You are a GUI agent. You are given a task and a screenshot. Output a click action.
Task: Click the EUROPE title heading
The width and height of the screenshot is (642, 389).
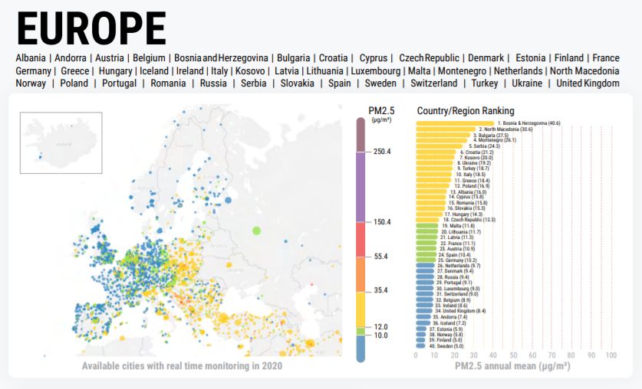click(91, 28)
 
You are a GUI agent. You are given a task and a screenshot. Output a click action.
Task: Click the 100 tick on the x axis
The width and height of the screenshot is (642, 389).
click(611, 355)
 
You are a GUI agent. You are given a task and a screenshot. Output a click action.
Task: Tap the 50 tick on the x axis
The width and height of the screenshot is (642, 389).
click(513, 355)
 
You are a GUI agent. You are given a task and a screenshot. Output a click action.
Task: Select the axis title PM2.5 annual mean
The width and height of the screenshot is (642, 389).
click(512, 367)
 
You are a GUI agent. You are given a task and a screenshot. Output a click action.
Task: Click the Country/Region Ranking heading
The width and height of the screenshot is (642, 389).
click(466, 111)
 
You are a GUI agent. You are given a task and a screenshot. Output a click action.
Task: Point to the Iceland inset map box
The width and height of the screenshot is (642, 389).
click(61, 137)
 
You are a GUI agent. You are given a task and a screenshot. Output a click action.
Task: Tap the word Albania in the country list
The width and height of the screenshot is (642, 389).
click(30, 58)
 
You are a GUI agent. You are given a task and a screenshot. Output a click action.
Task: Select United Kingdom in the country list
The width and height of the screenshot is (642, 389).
click(588, 83)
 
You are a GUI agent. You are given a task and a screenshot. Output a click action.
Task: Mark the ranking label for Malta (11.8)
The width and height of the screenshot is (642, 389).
click(457, 227)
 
